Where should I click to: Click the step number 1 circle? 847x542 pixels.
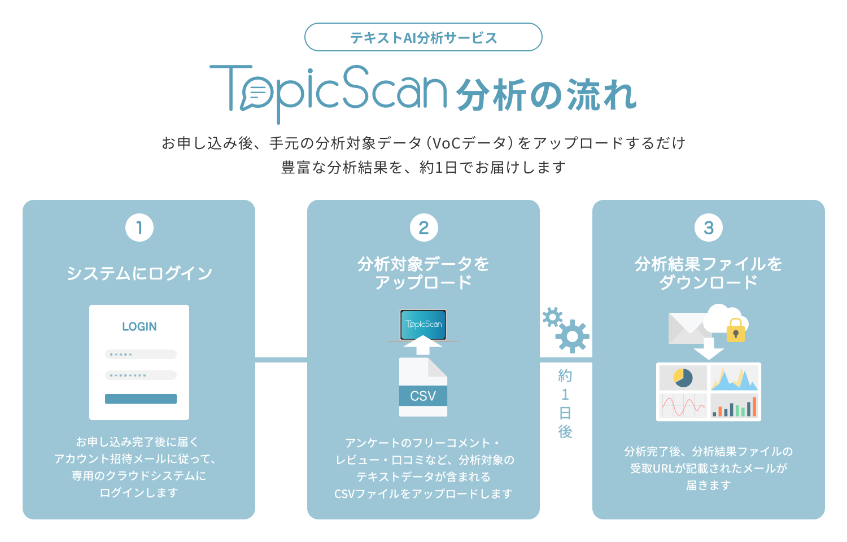click(x=139, y=228)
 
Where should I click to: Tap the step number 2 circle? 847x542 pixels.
click(x=423, y=228)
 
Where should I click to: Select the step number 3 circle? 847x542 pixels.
click(x=709, y=228)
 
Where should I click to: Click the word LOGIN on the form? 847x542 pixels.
click(x=139, y=326)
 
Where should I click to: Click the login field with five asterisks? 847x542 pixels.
click(x=141, y=355)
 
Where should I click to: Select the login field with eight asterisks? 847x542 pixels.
click(x=141, y=375)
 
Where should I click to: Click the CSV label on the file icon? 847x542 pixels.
click(x=423, y=396)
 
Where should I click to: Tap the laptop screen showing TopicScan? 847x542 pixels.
click(x=423, y=325)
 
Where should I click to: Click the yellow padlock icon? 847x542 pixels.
click(x=735, y=331)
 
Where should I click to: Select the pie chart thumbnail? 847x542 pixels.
click(x=683, y=378)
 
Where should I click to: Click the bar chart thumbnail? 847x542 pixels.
click(x=734, y=405)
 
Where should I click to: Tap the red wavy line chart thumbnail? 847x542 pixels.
click(x=683, y=405)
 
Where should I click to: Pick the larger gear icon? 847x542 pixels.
click(x=572, y=336)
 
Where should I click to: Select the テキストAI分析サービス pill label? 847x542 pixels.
click(x=423, y=37)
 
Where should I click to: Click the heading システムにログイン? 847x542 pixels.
click(x=139, y=273)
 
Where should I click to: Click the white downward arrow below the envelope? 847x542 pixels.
click(x=709, y=349)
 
